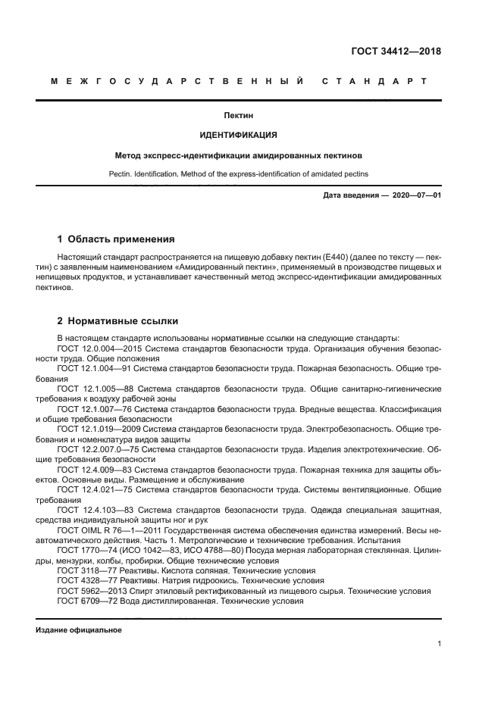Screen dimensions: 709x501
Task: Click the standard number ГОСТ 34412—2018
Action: pos(396,52)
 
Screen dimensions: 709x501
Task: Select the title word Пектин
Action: pos(238,116)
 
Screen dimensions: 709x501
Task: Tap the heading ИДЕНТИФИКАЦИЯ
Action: pos(238,136)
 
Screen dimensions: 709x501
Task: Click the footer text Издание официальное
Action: pos(79,630)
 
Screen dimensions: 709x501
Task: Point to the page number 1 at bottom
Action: pos(439,644)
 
